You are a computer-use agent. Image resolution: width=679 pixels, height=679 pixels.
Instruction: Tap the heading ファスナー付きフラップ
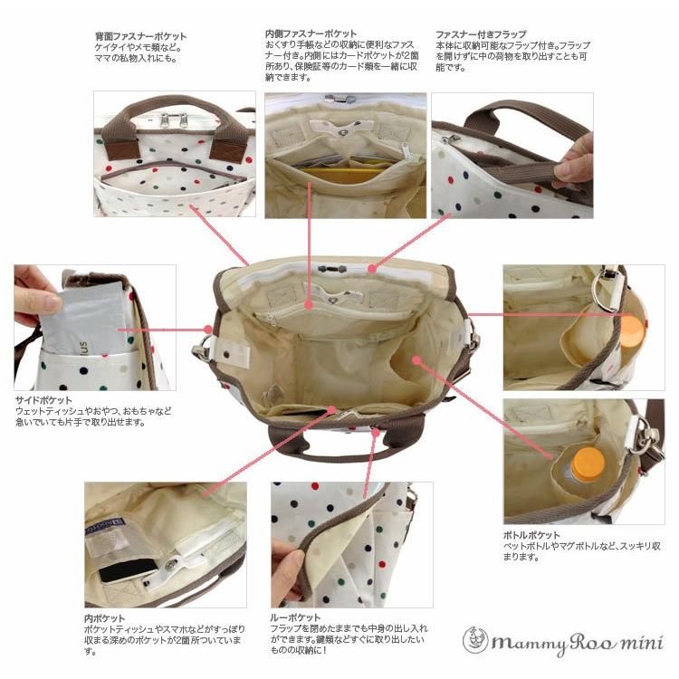coord(481,33)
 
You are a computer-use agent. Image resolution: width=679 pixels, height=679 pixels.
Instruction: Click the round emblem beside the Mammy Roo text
coord(475,640)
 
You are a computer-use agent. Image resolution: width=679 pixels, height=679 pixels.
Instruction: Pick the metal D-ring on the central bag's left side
coord(201,349)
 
